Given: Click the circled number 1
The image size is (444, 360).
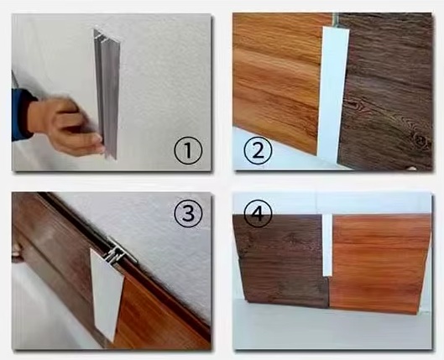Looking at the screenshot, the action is (188, 150).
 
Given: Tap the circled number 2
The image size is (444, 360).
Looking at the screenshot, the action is (258, 150).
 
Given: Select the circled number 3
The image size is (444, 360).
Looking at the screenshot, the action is (188, 213).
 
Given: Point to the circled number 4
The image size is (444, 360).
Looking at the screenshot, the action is (258, 213).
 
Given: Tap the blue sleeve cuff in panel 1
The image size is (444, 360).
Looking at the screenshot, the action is (22, 115).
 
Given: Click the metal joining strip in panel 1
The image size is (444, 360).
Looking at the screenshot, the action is (107, 93).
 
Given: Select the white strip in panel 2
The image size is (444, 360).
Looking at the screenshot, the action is (333, 93).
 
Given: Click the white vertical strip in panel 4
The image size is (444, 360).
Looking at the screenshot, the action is (327, 245).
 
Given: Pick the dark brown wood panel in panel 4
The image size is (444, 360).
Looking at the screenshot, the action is (280, 260).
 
